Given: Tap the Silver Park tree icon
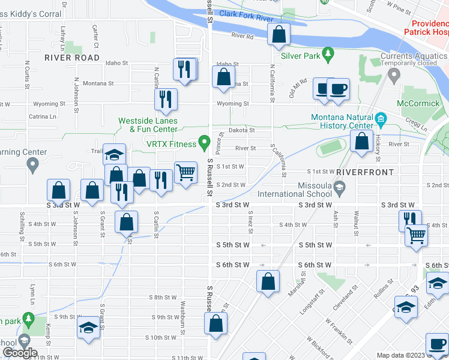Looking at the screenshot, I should [x=327, y=55].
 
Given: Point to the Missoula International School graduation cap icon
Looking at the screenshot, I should [x=339, y=188].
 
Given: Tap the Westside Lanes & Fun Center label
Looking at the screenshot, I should [x=148, y=124].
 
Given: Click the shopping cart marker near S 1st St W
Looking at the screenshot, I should [x=186, y=172].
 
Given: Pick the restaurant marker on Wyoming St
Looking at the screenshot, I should [x=166, y=99].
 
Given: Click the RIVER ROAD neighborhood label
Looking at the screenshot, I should [x=72, y=58].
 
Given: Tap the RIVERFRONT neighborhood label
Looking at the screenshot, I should [x=365, y=172].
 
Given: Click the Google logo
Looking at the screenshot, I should [x=20, y=353].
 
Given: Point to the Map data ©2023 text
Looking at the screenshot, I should [x=402, y=355].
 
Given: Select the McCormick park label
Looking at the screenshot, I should [x=418, y=103].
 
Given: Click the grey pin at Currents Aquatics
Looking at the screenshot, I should [x=394, y=75].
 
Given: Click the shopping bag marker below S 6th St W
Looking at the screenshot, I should [x=268, y=280].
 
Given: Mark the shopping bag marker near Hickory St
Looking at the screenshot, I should [x=362, y=142].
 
